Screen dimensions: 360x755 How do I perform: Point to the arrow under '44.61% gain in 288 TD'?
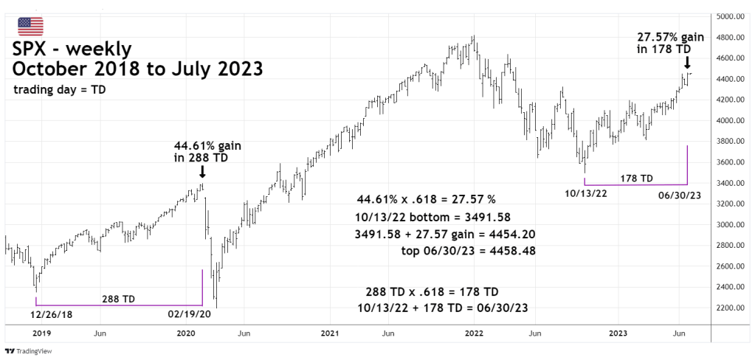pos(202,171)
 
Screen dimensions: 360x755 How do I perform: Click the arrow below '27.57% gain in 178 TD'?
pos(687,63)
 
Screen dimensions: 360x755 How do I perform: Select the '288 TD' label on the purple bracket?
pos(119,299)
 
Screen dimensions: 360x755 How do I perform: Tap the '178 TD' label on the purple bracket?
pos(636,178)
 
